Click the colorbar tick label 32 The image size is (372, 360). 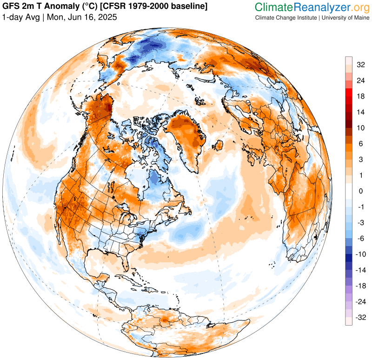pyautogui.click(x=360, y=65)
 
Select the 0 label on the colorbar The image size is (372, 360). pyautogui.click(x=360, y=191)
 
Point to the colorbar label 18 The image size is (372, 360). pyautogui.click(x=360, y=96)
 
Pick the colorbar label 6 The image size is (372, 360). pyautogui.click(x=360, y=144)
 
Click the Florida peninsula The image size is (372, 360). pyautogui.click(x=126, y=263)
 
